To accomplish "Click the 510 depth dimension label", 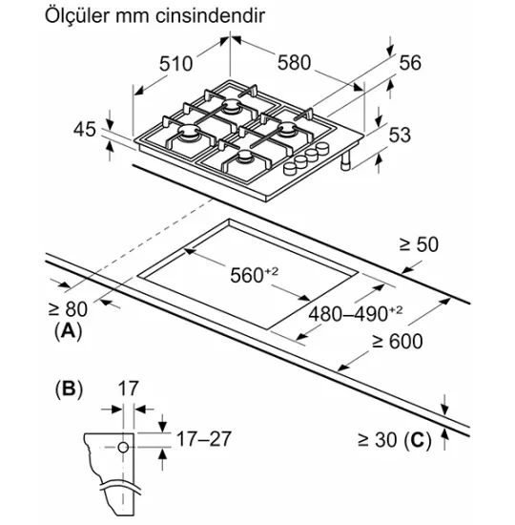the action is (175, 64).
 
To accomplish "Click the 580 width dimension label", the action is (294, 63).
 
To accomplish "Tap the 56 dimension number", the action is (410, 63).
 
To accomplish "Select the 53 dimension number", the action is (400, 135).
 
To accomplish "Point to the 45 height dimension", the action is (85, 129).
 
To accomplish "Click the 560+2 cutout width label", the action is (254, 275).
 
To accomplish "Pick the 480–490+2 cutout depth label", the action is (355, 314).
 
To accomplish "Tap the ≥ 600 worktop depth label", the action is (397, 341).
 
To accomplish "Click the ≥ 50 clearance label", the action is (419, 244).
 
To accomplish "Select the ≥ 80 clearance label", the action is (68, 309).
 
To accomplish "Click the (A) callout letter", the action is (68, 331).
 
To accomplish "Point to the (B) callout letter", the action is (69, 389).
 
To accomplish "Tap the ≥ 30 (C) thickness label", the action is (394, 440).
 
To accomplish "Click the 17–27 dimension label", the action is (203, 439).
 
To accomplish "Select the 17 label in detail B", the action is (128, 388).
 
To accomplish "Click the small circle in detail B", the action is (123, 447).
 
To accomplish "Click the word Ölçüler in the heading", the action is (77, 15).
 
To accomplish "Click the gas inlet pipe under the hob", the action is (346, 160).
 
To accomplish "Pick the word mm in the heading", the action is (133, 18).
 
